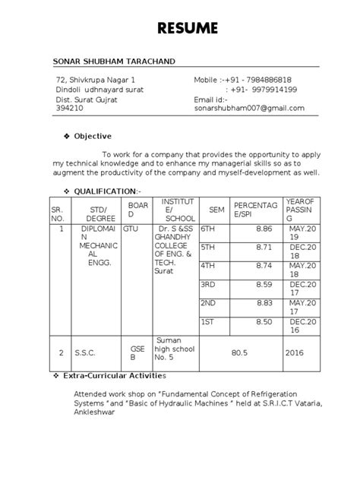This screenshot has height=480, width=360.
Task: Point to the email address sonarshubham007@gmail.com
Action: (249, 108)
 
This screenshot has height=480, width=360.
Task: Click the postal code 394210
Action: (71, 108)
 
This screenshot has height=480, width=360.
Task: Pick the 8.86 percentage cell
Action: (264, 228)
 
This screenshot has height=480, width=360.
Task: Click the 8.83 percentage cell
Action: (264, 303)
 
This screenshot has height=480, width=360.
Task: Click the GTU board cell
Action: (131, 228)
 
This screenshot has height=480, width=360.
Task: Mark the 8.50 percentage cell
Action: (264, 322)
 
